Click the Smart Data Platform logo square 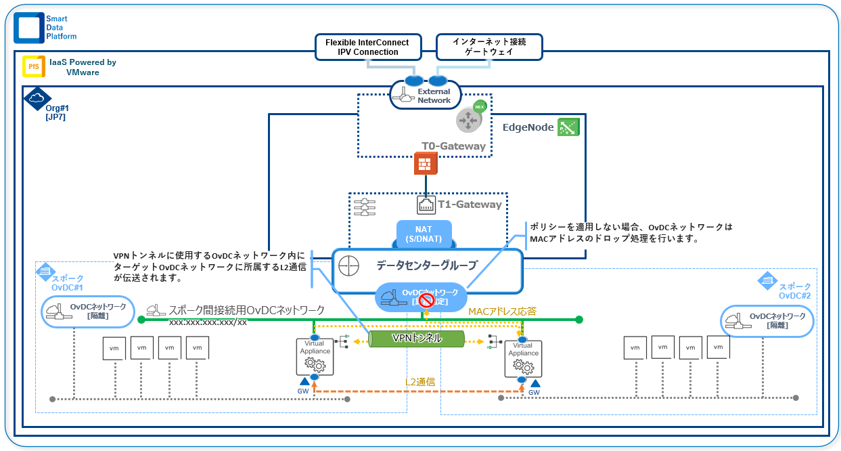coord(28,28)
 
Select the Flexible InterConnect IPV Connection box coord(367,47)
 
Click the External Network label coord(434,96)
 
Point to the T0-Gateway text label coord(453,146)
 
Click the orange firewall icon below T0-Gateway coord(426,164)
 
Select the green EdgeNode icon coord(568,127)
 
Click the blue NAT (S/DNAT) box coord(424,234)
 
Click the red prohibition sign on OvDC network coord(426,300)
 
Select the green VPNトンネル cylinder coord(417,339)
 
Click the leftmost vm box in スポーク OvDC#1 coord(114,348)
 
